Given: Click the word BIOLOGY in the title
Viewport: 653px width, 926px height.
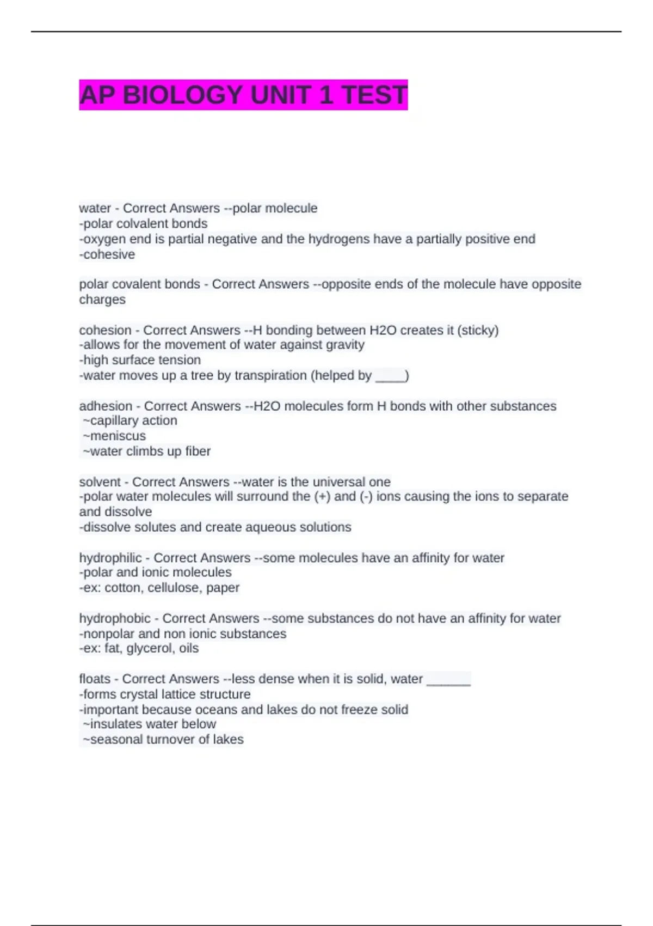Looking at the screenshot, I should point(183,95).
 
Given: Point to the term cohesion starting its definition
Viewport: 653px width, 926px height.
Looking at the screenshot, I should point(105,330).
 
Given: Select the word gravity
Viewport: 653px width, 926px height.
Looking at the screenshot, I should point(343,345).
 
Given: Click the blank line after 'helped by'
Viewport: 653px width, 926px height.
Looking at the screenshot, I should point(390,376).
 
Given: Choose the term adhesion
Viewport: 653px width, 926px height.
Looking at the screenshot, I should point(106,406).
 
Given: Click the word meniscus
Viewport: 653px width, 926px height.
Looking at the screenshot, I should point(118,436).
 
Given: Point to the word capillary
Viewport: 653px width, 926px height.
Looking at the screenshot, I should point(112,421).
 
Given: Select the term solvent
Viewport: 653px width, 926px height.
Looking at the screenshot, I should point(100,482).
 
